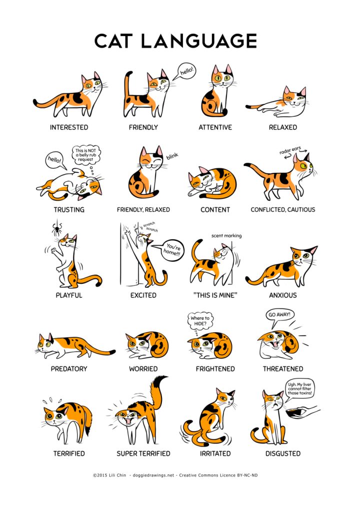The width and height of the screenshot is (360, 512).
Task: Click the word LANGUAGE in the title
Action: point(199,41)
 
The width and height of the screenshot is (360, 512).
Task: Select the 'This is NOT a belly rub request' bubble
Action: point(86,155)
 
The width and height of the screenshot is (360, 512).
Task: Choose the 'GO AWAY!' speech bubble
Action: point(279,315)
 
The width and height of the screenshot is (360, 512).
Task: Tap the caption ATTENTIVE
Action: point(215,127)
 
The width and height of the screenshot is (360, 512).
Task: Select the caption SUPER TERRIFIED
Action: point(143,454)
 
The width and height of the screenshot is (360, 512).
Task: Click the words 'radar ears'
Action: point(290,150)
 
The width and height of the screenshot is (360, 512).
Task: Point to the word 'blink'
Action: point(172,156)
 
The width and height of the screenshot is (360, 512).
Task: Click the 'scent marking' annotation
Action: point(226,236)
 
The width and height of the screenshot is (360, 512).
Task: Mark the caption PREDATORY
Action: point(69,369)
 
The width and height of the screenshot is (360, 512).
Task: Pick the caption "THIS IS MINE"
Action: point(215,296)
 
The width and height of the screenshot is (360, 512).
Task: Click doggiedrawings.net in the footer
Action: point(153,475)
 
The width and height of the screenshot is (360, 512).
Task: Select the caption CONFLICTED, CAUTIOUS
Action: point(283,210)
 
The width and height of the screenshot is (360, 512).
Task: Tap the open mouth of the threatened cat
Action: point(276,344)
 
